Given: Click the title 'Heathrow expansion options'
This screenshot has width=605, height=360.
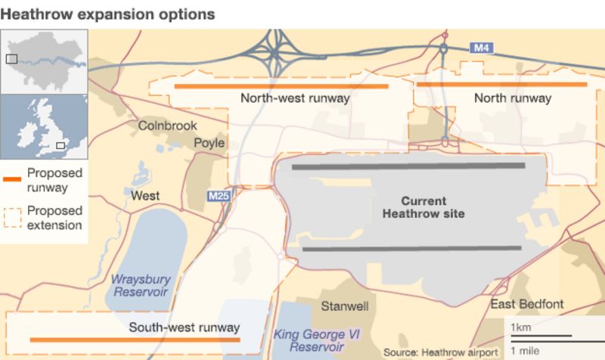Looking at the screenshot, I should pos(107,14).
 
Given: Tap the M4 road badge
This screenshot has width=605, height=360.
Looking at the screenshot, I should pos(482,48).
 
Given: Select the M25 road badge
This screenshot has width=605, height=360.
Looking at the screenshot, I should pos(219,197).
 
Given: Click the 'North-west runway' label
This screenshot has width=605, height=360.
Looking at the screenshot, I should pos(295,98).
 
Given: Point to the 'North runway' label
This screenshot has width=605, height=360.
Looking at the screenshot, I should pos(513,98).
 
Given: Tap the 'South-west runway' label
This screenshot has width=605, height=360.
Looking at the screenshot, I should pos(184,327).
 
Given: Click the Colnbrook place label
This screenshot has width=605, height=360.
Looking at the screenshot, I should pos(167,126).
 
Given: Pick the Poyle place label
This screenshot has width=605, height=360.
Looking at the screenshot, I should pos(209,142).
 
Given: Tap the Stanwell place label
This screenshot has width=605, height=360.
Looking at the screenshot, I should pos(345,307).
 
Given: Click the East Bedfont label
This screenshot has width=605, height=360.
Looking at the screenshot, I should pos(527,304).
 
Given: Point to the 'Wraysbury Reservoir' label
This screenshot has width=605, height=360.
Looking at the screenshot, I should pos(141,285).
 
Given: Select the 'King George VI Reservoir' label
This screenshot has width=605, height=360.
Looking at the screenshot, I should pos(307,340).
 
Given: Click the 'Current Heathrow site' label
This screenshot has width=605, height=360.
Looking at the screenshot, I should pos(423,207).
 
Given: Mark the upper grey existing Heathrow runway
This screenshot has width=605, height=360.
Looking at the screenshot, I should pos(408,166).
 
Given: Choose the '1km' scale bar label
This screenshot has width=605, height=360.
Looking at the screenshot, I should pos(520,327).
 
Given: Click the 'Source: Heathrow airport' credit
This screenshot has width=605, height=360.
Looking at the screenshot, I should pos(440,352).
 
